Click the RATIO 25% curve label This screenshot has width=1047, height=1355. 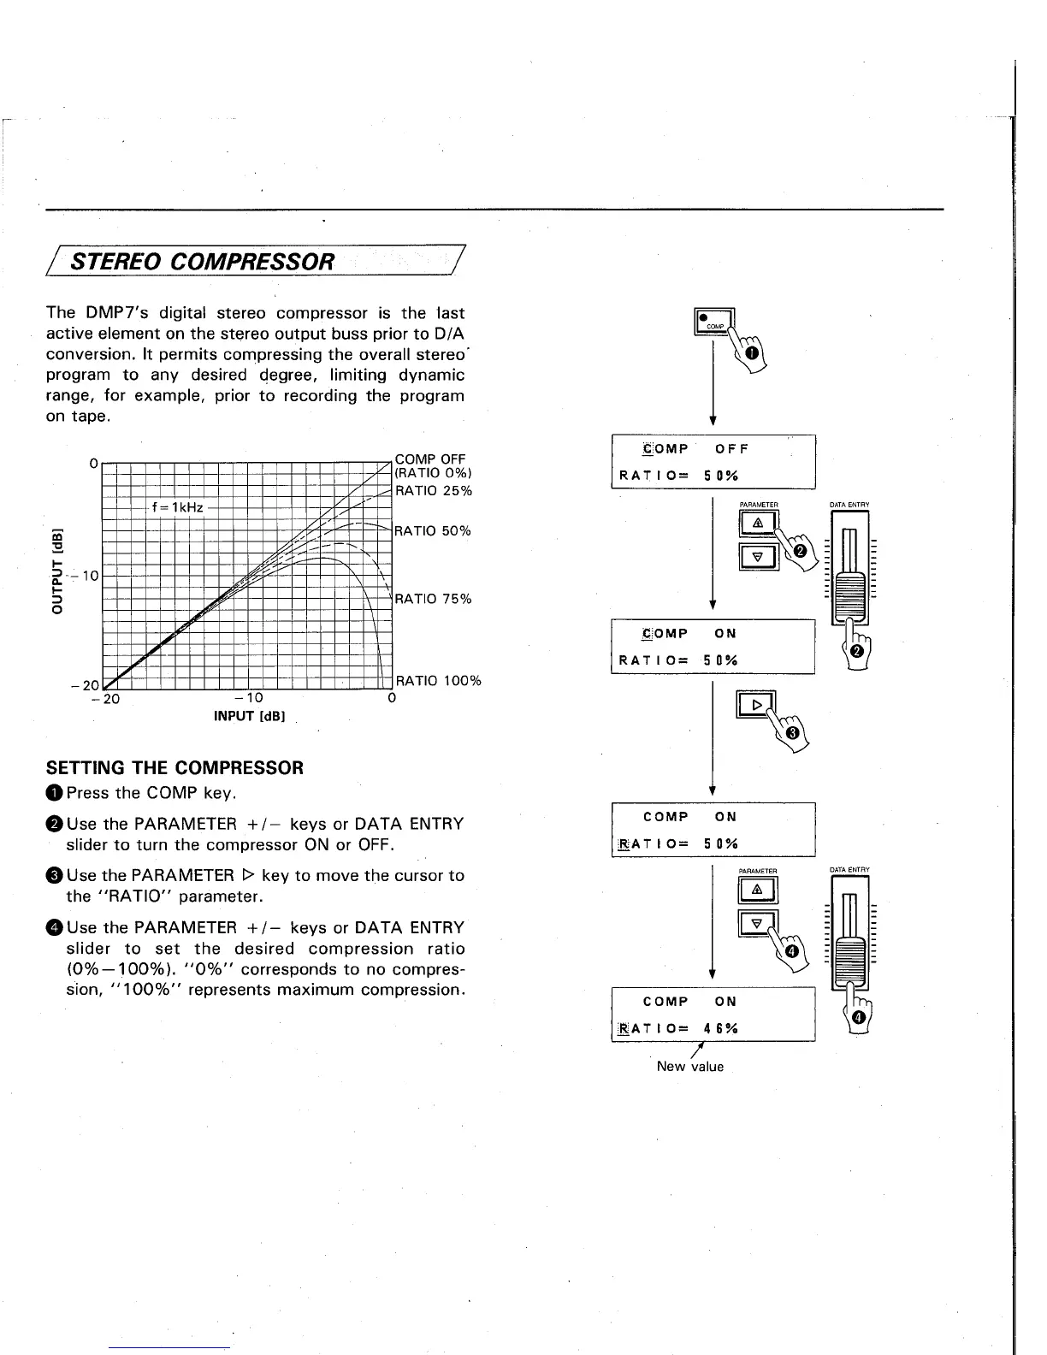[x=433, y=491]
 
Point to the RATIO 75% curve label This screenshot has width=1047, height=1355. [x=433, y=599]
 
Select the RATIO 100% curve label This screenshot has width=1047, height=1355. [x=438, y=681]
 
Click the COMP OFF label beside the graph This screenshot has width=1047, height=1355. [x=429, y=459]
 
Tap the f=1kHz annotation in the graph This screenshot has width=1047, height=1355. [x=177, y=507]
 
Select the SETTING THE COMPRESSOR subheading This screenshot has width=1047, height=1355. [x=174, y=767]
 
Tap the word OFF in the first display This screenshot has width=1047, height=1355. [x=731, y=448]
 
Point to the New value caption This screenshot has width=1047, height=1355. [x=689, y=1067]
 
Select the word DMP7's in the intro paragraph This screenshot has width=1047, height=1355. [x=117, y=313]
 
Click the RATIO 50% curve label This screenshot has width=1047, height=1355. [x=433, y=531]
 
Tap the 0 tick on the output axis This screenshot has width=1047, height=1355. [x=92, y=463]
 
